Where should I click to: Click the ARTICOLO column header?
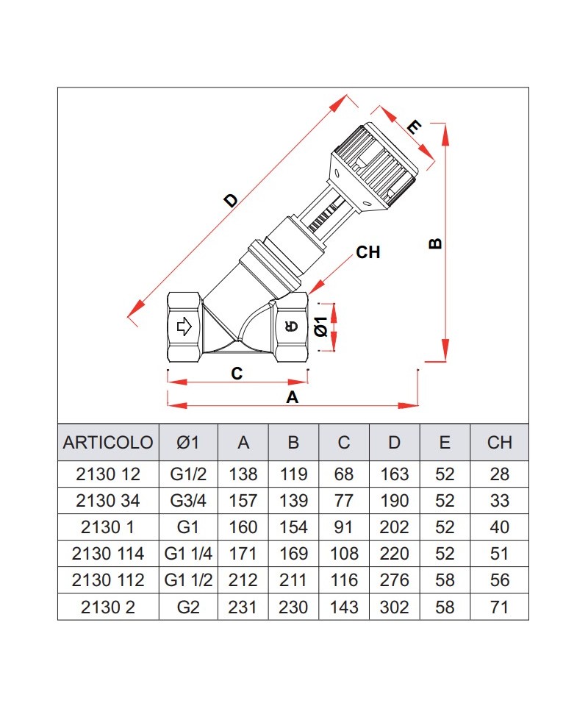click(x=108, y=443)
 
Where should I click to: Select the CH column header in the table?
click(x=499, y=443)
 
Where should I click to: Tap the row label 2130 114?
click(x=108, y=554)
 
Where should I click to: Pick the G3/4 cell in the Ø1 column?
click(x=188, y=501)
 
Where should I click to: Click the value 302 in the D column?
click(x=395, y=607)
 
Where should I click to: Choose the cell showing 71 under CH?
click(x=499, y=607)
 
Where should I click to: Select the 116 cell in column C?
click(x=344, y=580)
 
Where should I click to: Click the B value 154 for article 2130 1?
click(x=293, y=527)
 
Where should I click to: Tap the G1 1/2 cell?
click(x=188, y=580)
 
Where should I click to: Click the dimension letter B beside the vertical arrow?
click(x=435, y=243)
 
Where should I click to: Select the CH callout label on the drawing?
click(x=367, y=252)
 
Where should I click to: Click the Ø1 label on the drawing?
click(x=320, y=327)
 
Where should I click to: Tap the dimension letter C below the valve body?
click(x=237, y=374)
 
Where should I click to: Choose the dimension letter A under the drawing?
click(x=292, y=398)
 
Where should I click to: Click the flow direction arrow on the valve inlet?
click(x=183, y=326)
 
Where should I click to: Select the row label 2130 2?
click(x=108, y=607)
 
